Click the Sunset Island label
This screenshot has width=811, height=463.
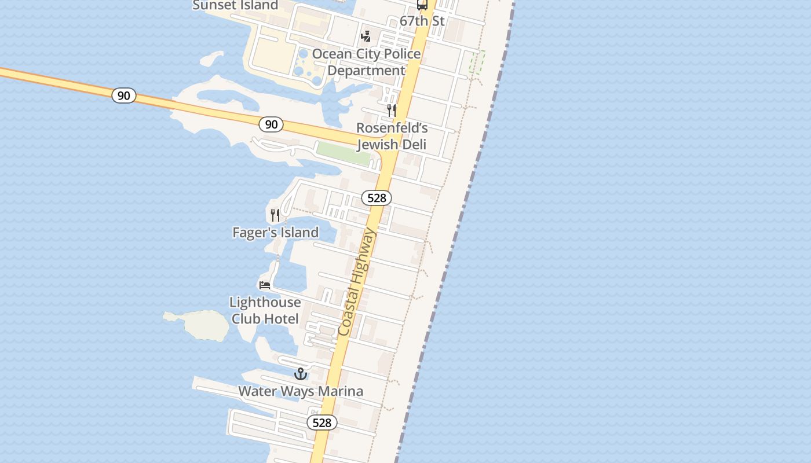[235, 5]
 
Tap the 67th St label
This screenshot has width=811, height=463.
[422, 21]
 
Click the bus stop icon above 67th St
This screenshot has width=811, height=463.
[422, 5]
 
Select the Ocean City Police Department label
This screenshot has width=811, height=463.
[366, 62]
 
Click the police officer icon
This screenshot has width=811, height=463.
[366, 36]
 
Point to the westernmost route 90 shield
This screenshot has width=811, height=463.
[124, 95]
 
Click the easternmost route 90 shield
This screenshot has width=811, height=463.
[271, 124]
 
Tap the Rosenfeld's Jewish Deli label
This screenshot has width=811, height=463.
[392, 136]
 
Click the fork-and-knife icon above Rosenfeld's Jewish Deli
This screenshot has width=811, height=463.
[392, 110]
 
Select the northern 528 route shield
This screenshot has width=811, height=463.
[377, 198]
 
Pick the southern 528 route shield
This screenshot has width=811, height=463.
[322, 422]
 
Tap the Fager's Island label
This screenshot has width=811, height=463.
[276, 232]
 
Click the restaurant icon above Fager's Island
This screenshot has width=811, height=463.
[275, 215]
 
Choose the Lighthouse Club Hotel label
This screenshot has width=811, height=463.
[265, 310]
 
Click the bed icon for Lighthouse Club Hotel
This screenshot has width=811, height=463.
[265, 285]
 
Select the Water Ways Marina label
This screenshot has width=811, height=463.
[301, 391]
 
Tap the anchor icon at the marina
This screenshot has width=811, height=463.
[300, 374]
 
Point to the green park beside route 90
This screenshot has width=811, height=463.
[343, 153]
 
